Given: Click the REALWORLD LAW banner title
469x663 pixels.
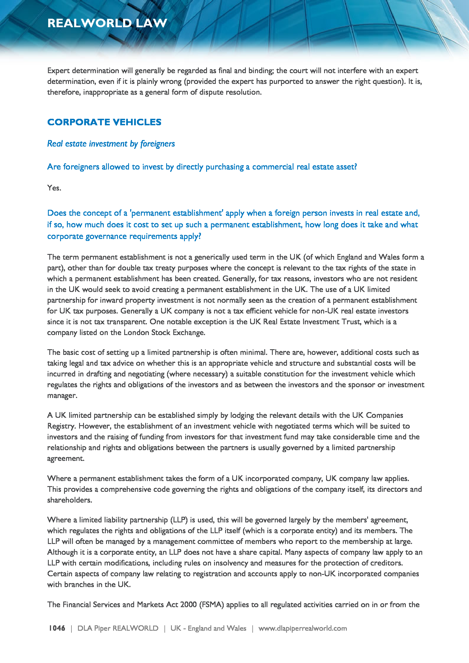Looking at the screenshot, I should coord(107,23).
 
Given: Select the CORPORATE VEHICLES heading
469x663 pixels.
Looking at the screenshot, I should coord(104,122).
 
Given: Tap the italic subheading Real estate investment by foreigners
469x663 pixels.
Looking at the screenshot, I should coord(111,143).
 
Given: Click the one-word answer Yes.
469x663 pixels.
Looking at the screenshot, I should coord(54,188).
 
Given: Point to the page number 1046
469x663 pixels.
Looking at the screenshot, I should coord(57,628).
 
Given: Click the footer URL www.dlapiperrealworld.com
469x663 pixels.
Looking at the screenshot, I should coord(302,628).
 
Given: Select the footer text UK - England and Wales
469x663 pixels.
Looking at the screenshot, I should coord(208,628).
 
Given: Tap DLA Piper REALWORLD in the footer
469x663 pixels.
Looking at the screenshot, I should coord(118,628).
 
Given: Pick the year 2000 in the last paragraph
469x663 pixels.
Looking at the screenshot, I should coord(188,604).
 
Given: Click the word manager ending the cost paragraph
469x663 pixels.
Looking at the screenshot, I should coord(62,396).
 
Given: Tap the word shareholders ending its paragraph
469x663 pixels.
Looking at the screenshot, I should coord(69,500).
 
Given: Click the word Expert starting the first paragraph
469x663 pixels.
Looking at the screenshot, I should coord(59,71).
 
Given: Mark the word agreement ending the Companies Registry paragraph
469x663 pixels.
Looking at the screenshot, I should coord(66,459).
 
